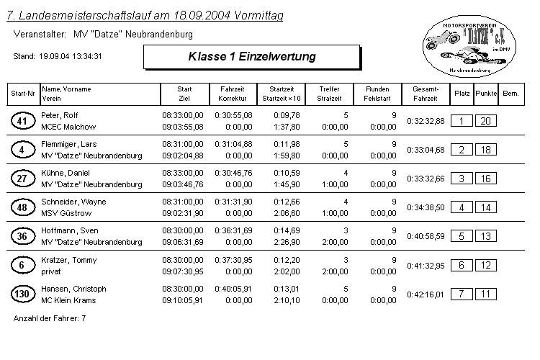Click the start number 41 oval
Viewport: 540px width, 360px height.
[22, 121]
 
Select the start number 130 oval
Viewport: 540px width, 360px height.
[22, 294]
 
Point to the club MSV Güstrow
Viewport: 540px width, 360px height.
[64, 213]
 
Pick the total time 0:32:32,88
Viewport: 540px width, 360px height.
[426, 121]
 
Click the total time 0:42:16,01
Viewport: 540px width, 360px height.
[426, 294]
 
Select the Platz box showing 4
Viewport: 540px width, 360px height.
[461, 207]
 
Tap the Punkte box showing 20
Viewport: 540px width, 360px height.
[486, 121]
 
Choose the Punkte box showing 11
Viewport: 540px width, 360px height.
[486, 294]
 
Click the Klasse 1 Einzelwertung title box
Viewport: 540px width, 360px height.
[251, 56]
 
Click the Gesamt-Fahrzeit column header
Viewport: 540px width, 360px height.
[425, 94]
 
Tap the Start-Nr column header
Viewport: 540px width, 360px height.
[22, 94]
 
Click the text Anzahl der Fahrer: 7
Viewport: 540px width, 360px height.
[50, 318]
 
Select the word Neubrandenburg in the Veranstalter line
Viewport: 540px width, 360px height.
[159, 34]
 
